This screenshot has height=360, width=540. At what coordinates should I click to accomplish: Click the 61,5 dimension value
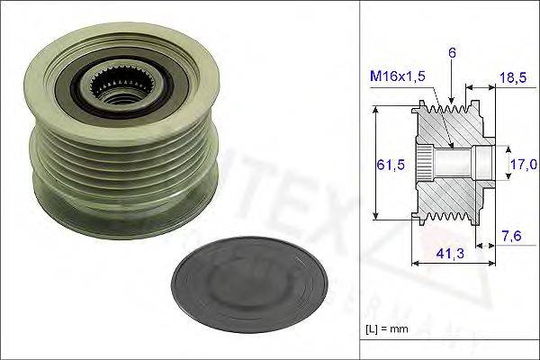[x=389, y=163]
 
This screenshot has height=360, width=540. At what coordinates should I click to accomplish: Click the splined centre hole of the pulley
[x=119, y=86]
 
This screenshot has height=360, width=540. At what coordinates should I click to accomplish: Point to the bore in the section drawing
[x=454, y=163]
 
